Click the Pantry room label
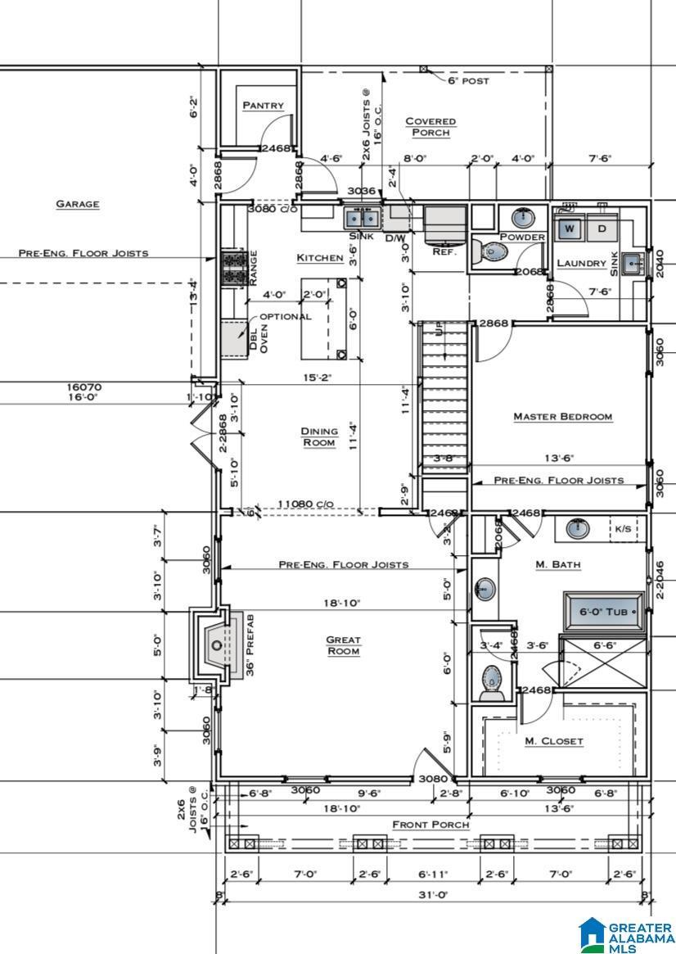point(264,106)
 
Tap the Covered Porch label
point(430,127)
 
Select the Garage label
point(78,204)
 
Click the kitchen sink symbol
point(362,219)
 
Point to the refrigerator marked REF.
point(445,224)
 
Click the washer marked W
point(570,228)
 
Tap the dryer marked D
point(602,228)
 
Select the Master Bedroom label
point(562,417)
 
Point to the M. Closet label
point(554,741)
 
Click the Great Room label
point(343,645)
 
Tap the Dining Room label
point(319,436)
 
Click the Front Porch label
point(430,824)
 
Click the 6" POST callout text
point(468,81)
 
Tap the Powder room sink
point(522,218)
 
